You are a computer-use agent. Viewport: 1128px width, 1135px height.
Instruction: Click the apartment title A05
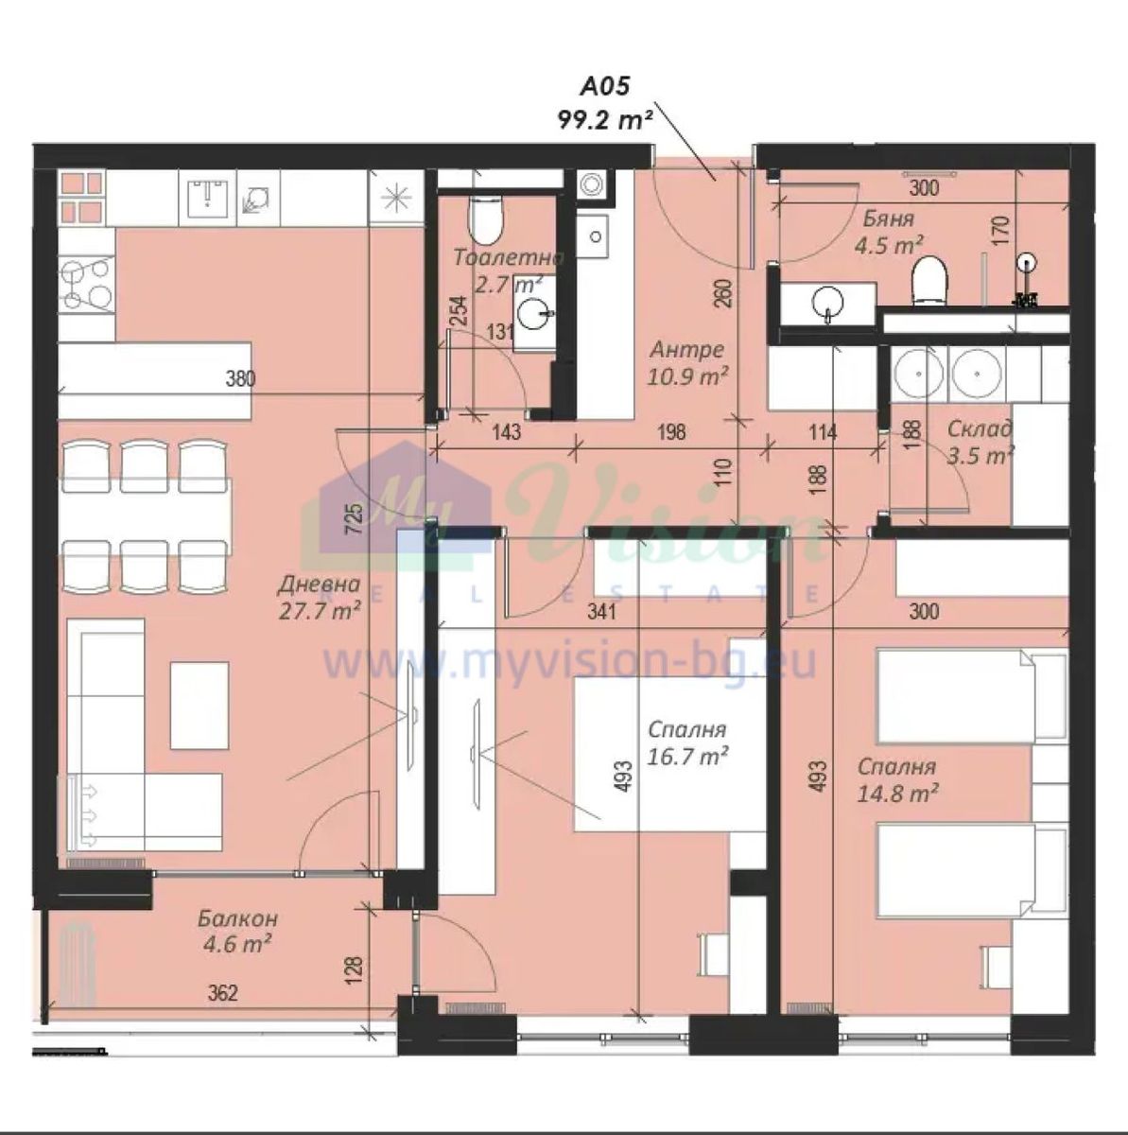point(605,86)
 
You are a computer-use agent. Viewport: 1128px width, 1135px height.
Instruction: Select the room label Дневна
point(319,585)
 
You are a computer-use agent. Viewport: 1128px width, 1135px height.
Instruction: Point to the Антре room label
point(686,349)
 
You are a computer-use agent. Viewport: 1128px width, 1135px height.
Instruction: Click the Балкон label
point(237,918)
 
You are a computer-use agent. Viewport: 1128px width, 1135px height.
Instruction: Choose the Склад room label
point(979,428)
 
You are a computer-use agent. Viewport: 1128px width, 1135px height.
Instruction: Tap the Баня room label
point(888,219)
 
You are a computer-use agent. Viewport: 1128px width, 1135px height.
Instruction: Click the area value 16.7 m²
point(687,755)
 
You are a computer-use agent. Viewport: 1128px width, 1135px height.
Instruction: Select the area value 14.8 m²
point(897,793)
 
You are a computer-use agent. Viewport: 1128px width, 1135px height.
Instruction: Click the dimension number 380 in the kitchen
point(240,378)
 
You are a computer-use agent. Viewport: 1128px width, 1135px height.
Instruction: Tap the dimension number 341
point(601,611)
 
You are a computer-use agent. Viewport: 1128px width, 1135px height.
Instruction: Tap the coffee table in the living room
point(200,706)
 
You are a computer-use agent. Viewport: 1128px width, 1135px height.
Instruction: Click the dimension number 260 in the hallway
point(724,291)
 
